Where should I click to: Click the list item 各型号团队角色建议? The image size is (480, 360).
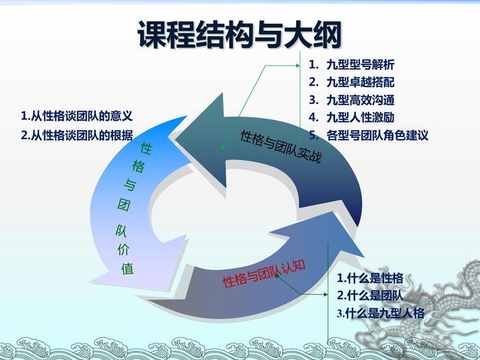click(377, 135)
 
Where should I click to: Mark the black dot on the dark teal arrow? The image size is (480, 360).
click(223, 146)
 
